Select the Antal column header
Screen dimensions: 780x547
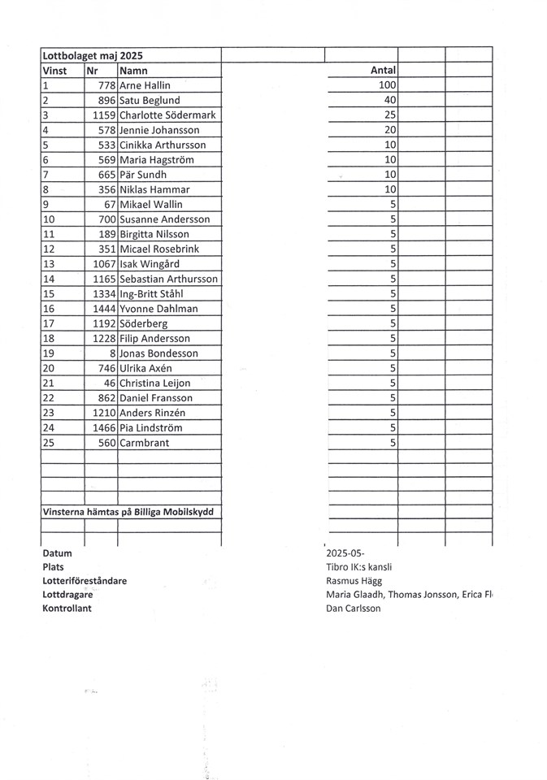click(x=382, y=71)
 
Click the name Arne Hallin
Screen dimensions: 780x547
click(x=145, y=85)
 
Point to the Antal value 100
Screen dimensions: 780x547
click(x=386, y=85)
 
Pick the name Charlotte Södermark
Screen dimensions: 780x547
click(x=167, y=115)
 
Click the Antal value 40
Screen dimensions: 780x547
click(x=389, y=100)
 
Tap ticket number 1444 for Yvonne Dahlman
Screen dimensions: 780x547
click(x=104, y=309)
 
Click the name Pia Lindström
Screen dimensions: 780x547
click(x=150, y=427)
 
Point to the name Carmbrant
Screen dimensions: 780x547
click(x=145, y=443)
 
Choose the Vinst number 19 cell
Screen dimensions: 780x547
click(x=48, y=353)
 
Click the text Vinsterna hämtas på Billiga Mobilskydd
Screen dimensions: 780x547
click(x=131, y=512)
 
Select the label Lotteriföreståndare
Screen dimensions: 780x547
click(x=84, y=581)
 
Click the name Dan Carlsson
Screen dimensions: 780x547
click(x=352, y=609)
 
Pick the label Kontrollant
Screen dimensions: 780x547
click(x=67, y=609)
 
